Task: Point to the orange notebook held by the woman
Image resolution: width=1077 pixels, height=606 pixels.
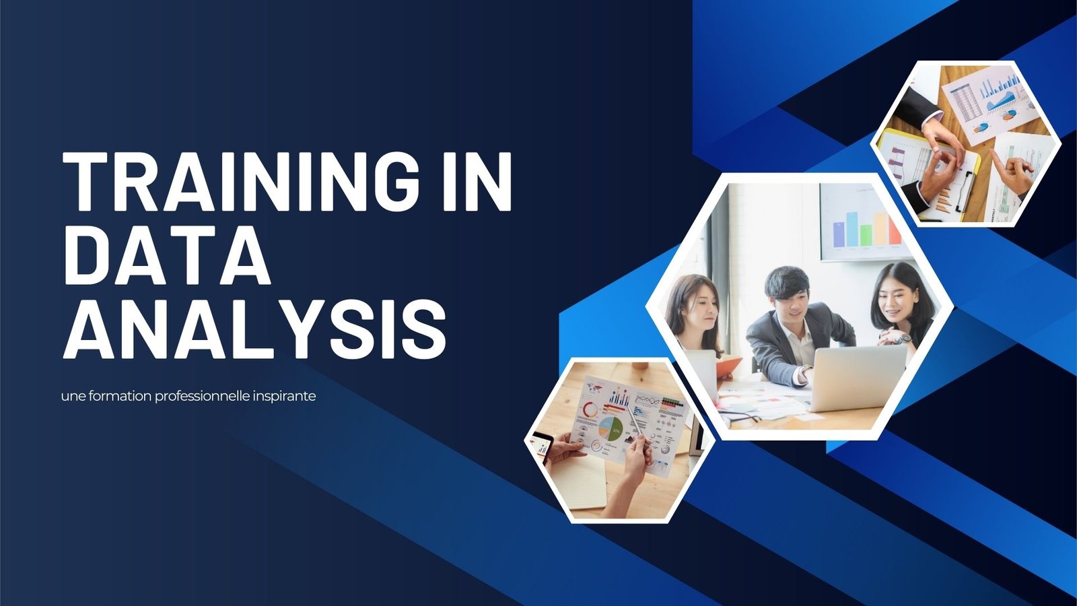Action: click(727, 366)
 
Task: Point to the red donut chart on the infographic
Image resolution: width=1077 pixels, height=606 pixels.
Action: click(590, 410)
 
